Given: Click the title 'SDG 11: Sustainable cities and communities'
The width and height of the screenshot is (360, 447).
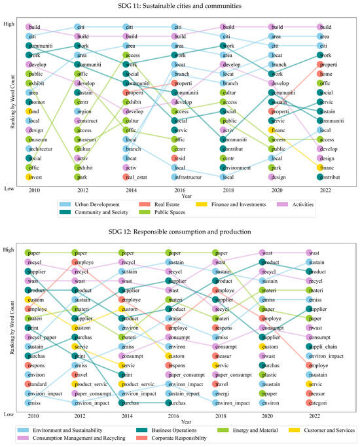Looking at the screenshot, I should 180,6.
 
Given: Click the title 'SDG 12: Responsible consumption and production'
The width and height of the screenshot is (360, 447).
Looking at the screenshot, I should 180,232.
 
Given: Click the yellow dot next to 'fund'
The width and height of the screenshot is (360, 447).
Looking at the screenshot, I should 29,111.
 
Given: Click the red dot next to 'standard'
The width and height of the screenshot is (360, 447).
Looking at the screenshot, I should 29,384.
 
